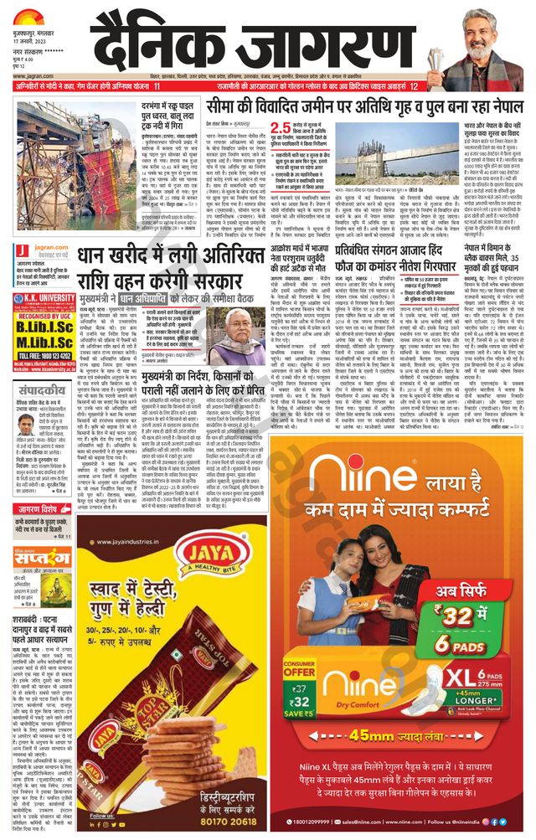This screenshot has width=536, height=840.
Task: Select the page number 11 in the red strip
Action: pos(157,86)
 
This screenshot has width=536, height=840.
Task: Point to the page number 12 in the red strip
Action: pos(413,86)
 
